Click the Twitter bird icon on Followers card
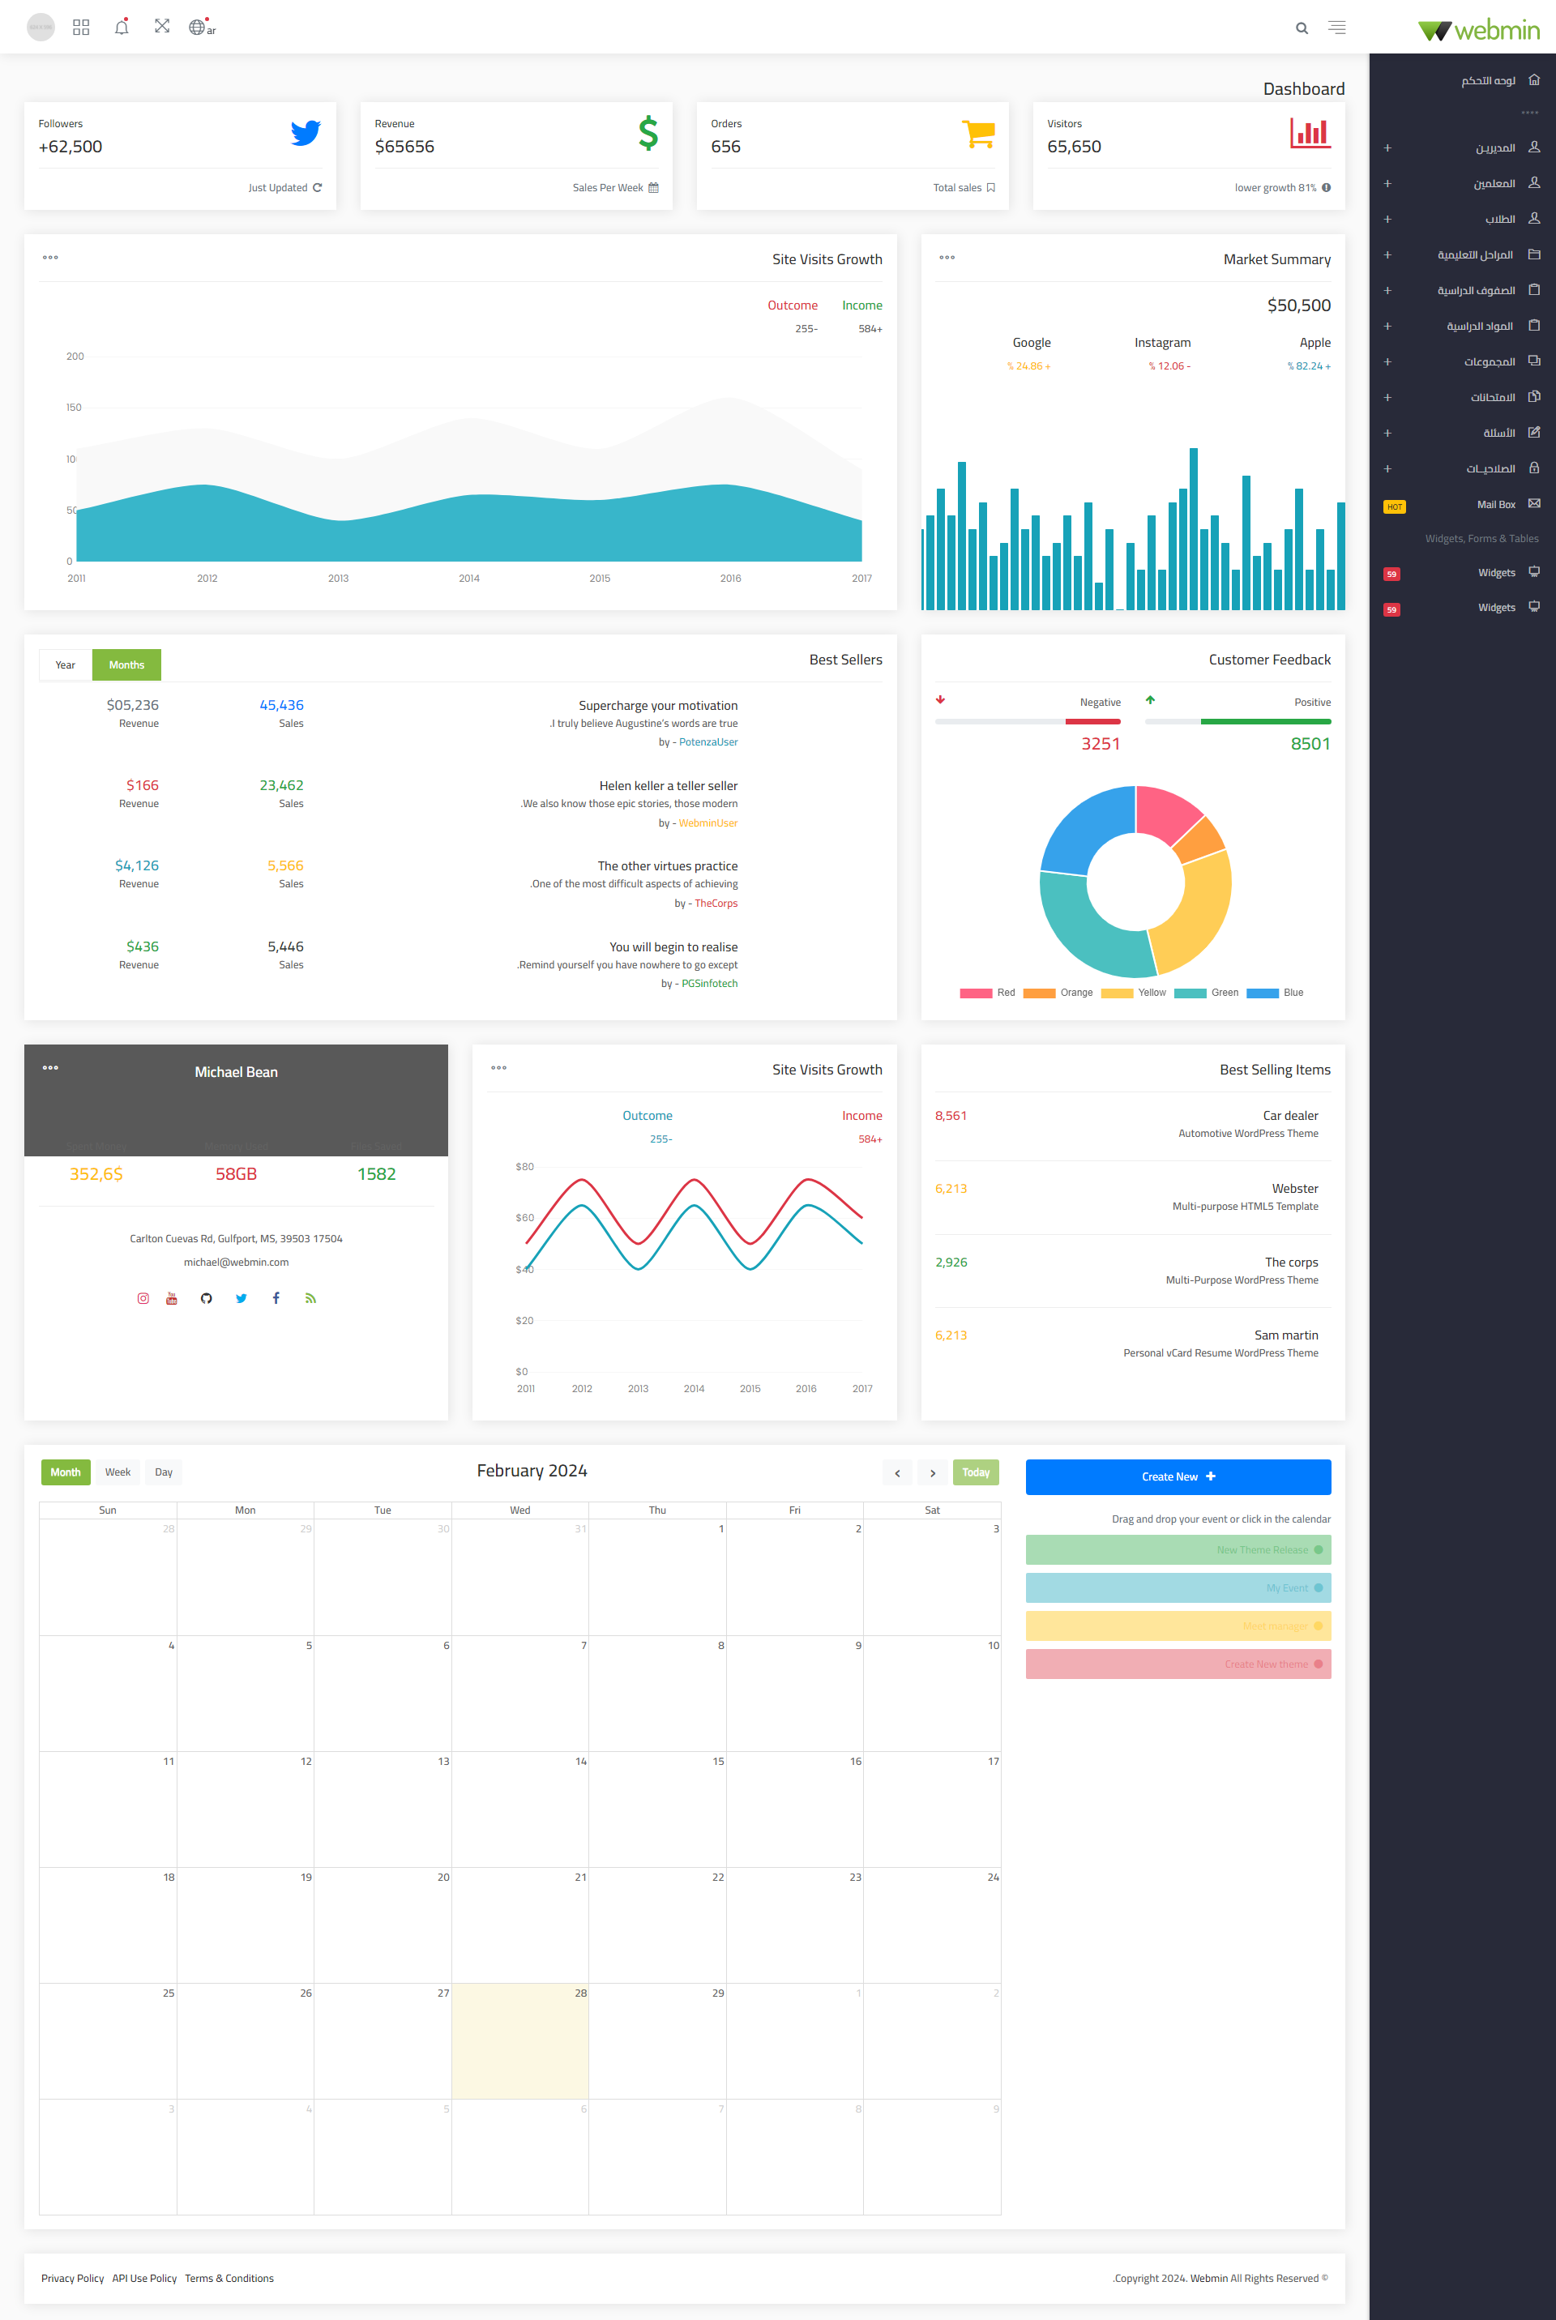[306, 133]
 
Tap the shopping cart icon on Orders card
[978, 133]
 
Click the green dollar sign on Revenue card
[648, 133]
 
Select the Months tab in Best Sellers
[126, 664]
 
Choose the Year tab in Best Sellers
[66, 664]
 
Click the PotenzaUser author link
[707, 742]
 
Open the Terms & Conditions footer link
[229, 2279]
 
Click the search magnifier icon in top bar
[1301, 28]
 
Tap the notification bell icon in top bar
[121, 27]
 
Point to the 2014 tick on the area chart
[468, 579]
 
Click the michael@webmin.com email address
[236, 1263]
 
